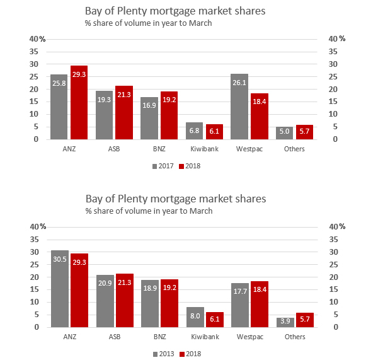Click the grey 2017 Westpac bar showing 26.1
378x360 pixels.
pyautogui.click(x=239, y=107)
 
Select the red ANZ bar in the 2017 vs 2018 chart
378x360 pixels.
pyautogui.click(x=79, y=102)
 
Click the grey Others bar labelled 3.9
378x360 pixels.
pyautogui.click(x=285, y=322)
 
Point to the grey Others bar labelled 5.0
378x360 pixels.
pyautogui.click(x=285, y=133)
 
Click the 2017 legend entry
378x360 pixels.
pyautogui.click(x=164, y=166)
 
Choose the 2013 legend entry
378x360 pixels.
pyautogui.click(x=164, y=354)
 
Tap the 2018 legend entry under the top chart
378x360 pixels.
pyautogui.click(x=192, y=166)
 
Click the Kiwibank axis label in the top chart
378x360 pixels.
pyautogui.click(x=203, y=149)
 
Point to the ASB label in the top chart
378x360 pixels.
pyautogui.click(x=114, y=149)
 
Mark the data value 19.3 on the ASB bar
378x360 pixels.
pyautogui.click(x=104, y=100)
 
